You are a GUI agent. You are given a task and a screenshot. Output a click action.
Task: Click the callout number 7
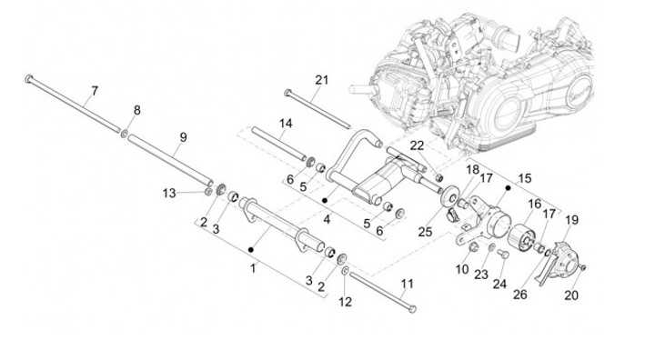[x=95, y=91]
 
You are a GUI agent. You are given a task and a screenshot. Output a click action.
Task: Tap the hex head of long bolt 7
[x=28, y=78]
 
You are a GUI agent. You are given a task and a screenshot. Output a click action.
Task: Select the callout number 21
[x=322, y=80]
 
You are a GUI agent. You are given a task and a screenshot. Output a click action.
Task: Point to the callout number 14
[x=286, y=124]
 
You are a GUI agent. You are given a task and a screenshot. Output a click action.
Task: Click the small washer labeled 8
[x=124, y=134]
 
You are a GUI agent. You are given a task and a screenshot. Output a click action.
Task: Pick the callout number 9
[x=183, y=137]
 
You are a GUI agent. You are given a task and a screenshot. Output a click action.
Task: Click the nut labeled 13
[x=207, y=192]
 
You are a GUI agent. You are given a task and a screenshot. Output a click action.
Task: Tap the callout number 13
[x=169, y=194]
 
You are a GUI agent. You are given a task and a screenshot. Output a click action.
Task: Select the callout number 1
[x=253, y=268]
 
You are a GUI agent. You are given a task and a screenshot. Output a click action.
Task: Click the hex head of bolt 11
[x=412, y=309]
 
